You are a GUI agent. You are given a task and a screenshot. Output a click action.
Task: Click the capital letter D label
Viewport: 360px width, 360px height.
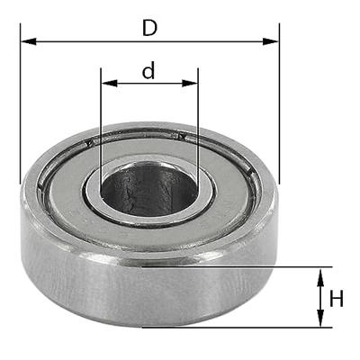pyautogui.click(x=149, y=27)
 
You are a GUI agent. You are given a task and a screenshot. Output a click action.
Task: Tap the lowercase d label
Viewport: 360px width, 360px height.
pyautogui.click(x=148, y=71)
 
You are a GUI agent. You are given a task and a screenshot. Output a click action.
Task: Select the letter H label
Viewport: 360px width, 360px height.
pyautogui.click(x=336, y=298)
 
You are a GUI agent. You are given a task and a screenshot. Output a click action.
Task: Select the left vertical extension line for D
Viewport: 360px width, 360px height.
pyautogui.click(x=20, y=108)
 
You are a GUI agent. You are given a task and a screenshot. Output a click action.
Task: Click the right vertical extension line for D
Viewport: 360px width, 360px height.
pyautogui.click(x=279, y=108)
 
